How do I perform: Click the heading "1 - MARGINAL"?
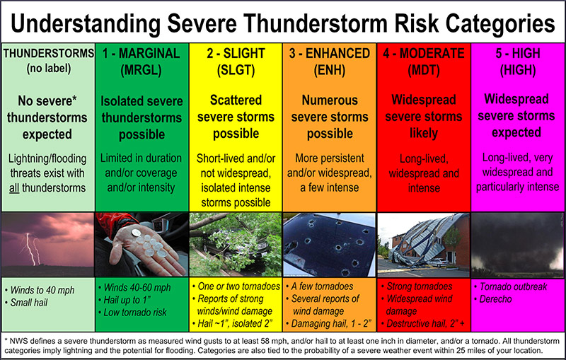click(x=141, y=53)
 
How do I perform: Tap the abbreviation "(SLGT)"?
click(x=236, y=69)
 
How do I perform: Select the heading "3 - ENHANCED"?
click(x=330, y=53)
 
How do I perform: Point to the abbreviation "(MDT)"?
click(x=423, y=69)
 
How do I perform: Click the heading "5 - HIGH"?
click(x=518, y=53)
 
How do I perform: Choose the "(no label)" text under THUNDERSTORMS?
click(x=48, y=68)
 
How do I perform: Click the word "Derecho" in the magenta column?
click(x=495, y=299)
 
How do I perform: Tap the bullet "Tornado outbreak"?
click(x=513, y=286)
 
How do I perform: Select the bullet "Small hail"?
click(x=29, y=302)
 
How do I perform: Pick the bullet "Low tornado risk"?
click(x=135, y=313)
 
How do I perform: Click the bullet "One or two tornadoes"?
click(x=238, y=286)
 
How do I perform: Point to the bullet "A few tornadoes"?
click(x=322, y=286)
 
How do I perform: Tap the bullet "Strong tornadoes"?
click(x=419, y=286)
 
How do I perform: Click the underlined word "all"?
click(x=14, y=188)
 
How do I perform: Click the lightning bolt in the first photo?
click(x=29, y=249)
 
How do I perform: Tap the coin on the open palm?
click(x=136, y=233)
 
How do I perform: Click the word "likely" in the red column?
click(x=423, y=134)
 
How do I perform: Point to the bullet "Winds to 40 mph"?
click(x=42, y=290)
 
